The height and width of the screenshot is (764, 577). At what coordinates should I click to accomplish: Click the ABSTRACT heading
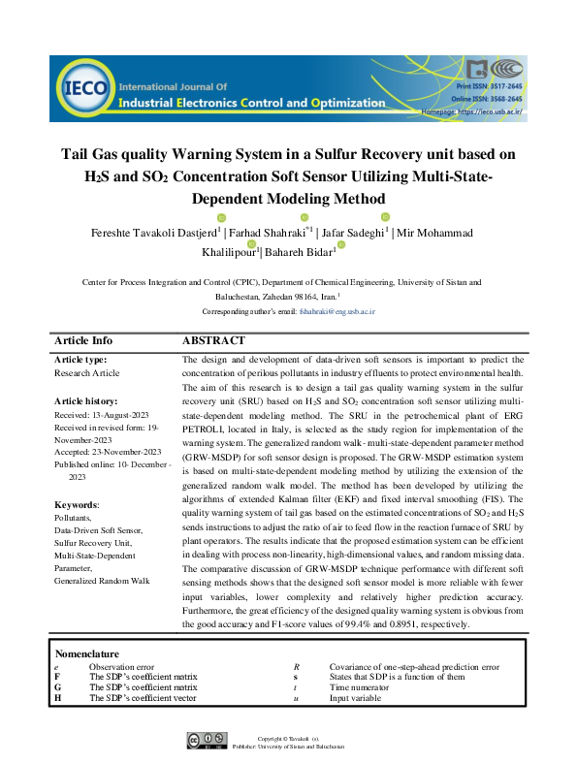[213, 341]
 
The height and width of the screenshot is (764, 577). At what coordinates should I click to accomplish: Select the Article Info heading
[83, 341]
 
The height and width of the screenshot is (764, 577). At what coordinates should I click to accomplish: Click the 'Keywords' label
[78, 505]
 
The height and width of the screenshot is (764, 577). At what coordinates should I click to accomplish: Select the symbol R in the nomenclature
[296, 667]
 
